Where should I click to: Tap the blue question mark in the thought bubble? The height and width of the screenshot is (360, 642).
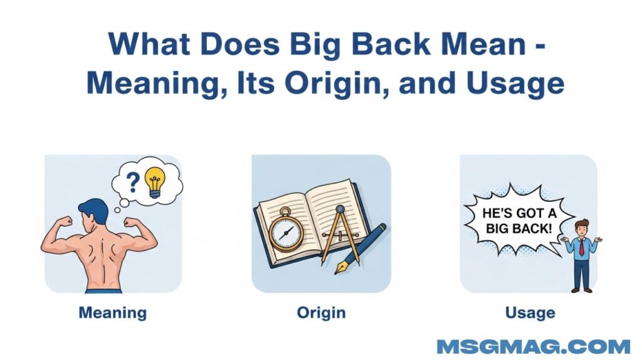(132, 183)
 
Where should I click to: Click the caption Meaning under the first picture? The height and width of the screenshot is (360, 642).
(113, 314)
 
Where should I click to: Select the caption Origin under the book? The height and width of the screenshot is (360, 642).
(321, 313)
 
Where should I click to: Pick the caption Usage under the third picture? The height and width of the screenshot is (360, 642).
(530, 313)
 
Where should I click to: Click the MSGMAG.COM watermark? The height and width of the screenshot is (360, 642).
(534, 346)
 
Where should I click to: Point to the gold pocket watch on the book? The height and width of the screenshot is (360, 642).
(286, 231)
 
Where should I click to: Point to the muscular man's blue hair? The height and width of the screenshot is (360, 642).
(94, 209)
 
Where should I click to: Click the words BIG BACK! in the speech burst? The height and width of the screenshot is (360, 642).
(518, 228)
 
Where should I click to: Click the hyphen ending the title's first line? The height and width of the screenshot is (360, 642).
(540, 46)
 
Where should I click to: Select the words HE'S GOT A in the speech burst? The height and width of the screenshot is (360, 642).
(519, 213)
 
